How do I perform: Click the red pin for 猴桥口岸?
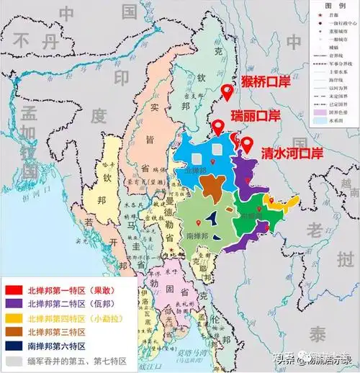coord(227,91)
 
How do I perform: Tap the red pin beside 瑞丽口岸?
coord(217,127)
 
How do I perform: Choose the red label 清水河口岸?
coord(291,153)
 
